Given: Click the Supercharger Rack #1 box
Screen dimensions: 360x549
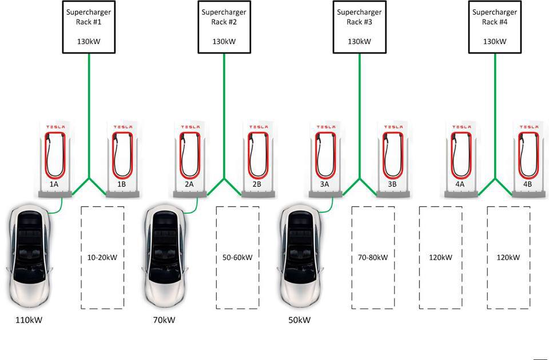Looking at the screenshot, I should [x=89, y=27].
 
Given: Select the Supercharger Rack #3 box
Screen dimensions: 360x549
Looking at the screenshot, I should [x=359, y=27].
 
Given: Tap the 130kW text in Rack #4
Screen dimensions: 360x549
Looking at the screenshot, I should [x=495, y=42].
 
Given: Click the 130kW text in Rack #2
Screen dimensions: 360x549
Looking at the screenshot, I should [x=224, y=42].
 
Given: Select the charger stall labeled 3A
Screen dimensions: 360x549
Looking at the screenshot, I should [x=325, y=157].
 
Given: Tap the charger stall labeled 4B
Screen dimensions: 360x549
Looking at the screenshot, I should [x=528, y=157].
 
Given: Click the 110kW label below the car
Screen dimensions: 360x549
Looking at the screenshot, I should [x=29, y=320].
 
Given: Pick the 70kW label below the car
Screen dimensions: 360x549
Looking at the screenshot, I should [x=164, y=320].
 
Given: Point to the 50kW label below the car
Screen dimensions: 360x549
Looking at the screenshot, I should [x=299, y=320].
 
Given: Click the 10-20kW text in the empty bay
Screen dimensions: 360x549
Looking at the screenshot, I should [x=102, y=258].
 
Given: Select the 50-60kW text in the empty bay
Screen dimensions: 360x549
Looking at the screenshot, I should [x=237, y=258].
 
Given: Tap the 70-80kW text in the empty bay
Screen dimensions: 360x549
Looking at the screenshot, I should [x=373, y=258].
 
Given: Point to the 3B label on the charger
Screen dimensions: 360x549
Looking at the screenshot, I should [x=392, y=185].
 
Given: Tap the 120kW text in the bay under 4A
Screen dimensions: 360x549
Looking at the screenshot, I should [x=440, y=258].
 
